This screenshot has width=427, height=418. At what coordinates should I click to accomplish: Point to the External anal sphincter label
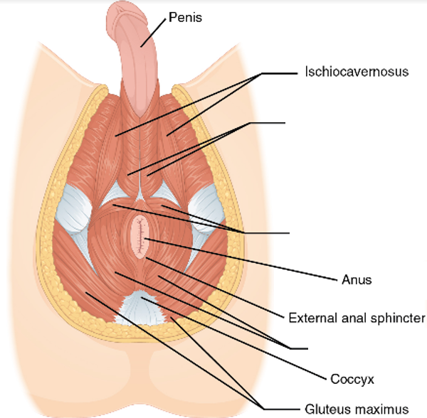(356, 318)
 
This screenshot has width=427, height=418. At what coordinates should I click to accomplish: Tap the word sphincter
(399, 318)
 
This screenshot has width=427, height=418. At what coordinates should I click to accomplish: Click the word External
(308, 318)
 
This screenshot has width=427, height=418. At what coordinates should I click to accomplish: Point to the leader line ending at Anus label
(242, 259)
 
